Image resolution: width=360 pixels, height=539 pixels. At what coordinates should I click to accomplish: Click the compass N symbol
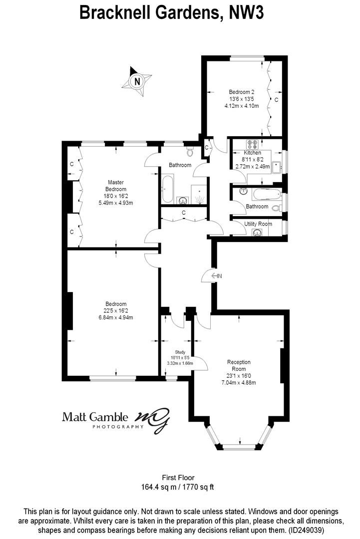pos(137,82)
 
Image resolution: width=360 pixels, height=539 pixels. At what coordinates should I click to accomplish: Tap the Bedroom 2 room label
pos(241,92)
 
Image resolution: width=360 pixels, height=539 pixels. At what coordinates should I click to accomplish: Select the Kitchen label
pos(252,153)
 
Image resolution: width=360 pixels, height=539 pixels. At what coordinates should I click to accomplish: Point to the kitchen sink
pos(276,167)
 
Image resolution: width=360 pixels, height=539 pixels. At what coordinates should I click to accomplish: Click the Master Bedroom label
pos(116,186)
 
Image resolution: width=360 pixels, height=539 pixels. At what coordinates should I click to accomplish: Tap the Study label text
pos(180,352)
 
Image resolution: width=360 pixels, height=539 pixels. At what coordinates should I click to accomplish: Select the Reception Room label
pos(239,365)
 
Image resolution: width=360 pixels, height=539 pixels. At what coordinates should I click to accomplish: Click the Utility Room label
pos(258,224)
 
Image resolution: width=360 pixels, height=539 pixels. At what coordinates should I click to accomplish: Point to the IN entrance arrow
pos(217,275)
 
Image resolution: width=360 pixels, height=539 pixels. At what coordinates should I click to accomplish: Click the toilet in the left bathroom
pos(190,151)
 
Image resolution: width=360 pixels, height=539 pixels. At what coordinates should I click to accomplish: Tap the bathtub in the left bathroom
pos(168,189)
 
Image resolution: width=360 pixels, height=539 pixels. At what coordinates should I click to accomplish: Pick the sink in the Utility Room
pos(257,233)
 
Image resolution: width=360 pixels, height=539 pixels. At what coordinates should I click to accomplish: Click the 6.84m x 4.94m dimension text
pos(116,317)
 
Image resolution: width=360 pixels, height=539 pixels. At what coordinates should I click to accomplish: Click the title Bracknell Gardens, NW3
pos(172,13)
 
